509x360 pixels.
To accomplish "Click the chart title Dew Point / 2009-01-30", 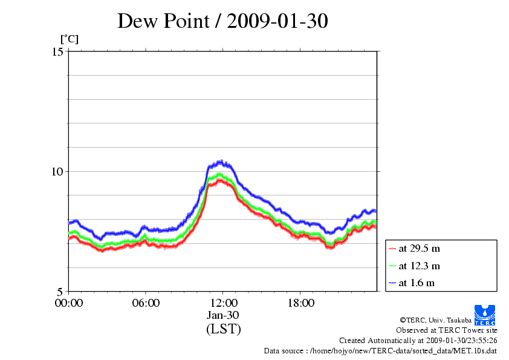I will (222, 21).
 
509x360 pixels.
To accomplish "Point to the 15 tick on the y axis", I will (58, 51).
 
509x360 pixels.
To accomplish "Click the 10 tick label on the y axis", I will (58, 171).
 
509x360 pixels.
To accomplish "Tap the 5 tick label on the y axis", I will (60, 291).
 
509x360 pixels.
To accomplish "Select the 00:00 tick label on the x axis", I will (69, 303).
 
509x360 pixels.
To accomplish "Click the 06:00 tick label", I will (146, 303).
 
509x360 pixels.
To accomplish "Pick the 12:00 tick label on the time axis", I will (223, 303).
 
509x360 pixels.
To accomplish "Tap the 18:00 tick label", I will (300, 303).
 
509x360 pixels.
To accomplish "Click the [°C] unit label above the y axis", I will (69, 39).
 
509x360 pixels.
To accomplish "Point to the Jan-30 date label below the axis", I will (223, 315).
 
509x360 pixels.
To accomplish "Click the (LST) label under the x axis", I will (223, 329).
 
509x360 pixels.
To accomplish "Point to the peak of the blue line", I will (222, 162).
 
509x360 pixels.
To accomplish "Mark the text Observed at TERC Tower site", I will (447, 330).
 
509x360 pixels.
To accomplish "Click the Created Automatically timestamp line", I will (418, 341).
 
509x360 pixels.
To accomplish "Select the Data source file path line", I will (380, 351).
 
